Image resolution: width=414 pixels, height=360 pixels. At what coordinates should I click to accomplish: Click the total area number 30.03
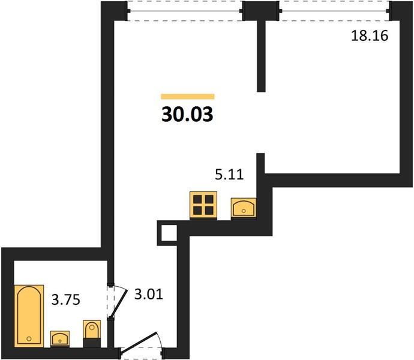[x=187, y=115]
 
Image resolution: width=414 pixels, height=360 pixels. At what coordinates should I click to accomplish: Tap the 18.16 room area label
[x=370, y=35]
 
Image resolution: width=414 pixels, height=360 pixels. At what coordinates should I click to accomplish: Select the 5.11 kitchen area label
[x=229, y=175]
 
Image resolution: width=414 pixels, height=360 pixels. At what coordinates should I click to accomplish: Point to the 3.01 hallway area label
[x=149, y=294]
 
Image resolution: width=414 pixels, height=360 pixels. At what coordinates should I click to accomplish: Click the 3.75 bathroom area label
[x=66, y=300]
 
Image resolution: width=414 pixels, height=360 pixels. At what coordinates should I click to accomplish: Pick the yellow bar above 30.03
[x=188, y=97]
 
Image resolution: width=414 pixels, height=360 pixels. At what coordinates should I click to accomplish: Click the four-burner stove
[x=203, y=205]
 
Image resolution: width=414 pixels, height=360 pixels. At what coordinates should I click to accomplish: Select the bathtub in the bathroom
[x=29, y=316]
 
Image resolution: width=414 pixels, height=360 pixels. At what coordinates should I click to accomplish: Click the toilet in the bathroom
[x=92, y=333]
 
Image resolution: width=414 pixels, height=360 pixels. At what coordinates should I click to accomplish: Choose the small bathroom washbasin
[x=60, y=338]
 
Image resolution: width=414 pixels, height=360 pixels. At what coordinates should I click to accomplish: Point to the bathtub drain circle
[x=29, y=338]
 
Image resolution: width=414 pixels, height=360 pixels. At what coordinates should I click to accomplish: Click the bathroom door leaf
[x=119, y=304]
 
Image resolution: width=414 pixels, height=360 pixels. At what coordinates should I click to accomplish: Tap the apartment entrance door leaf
[x=139, y=341]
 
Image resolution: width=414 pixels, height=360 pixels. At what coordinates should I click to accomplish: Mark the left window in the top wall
[x=185, y=11]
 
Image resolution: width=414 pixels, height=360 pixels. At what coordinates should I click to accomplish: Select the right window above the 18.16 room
[x=334, y=11]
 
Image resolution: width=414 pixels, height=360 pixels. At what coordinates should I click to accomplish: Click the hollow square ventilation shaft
[x=167, y=233]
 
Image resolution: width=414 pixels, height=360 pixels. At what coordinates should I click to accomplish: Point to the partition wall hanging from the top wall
[x=261, y=56]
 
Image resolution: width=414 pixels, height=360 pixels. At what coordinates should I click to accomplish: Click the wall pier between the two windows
[x=261, y=11]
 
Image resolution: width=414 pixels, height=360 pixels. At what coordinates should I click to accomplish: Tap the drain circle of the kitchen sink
[x=244, y=211]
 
